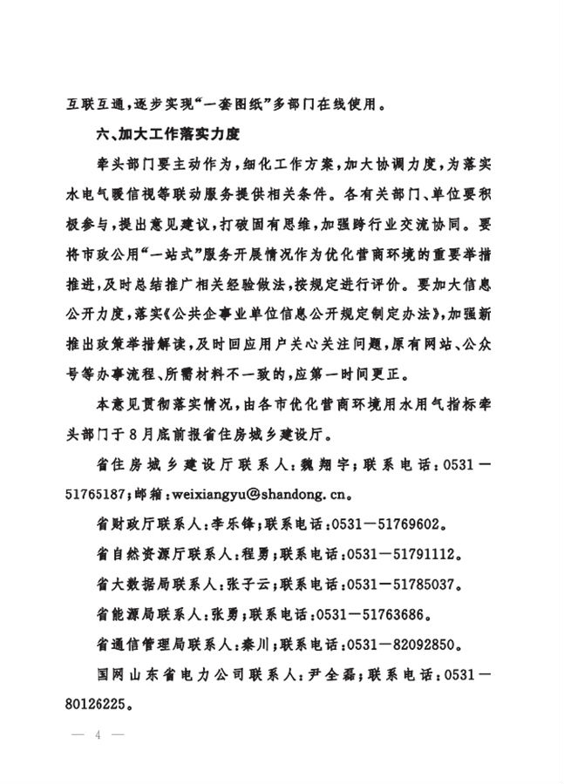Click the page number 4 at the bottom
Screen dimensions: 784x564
click(99, 734)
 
